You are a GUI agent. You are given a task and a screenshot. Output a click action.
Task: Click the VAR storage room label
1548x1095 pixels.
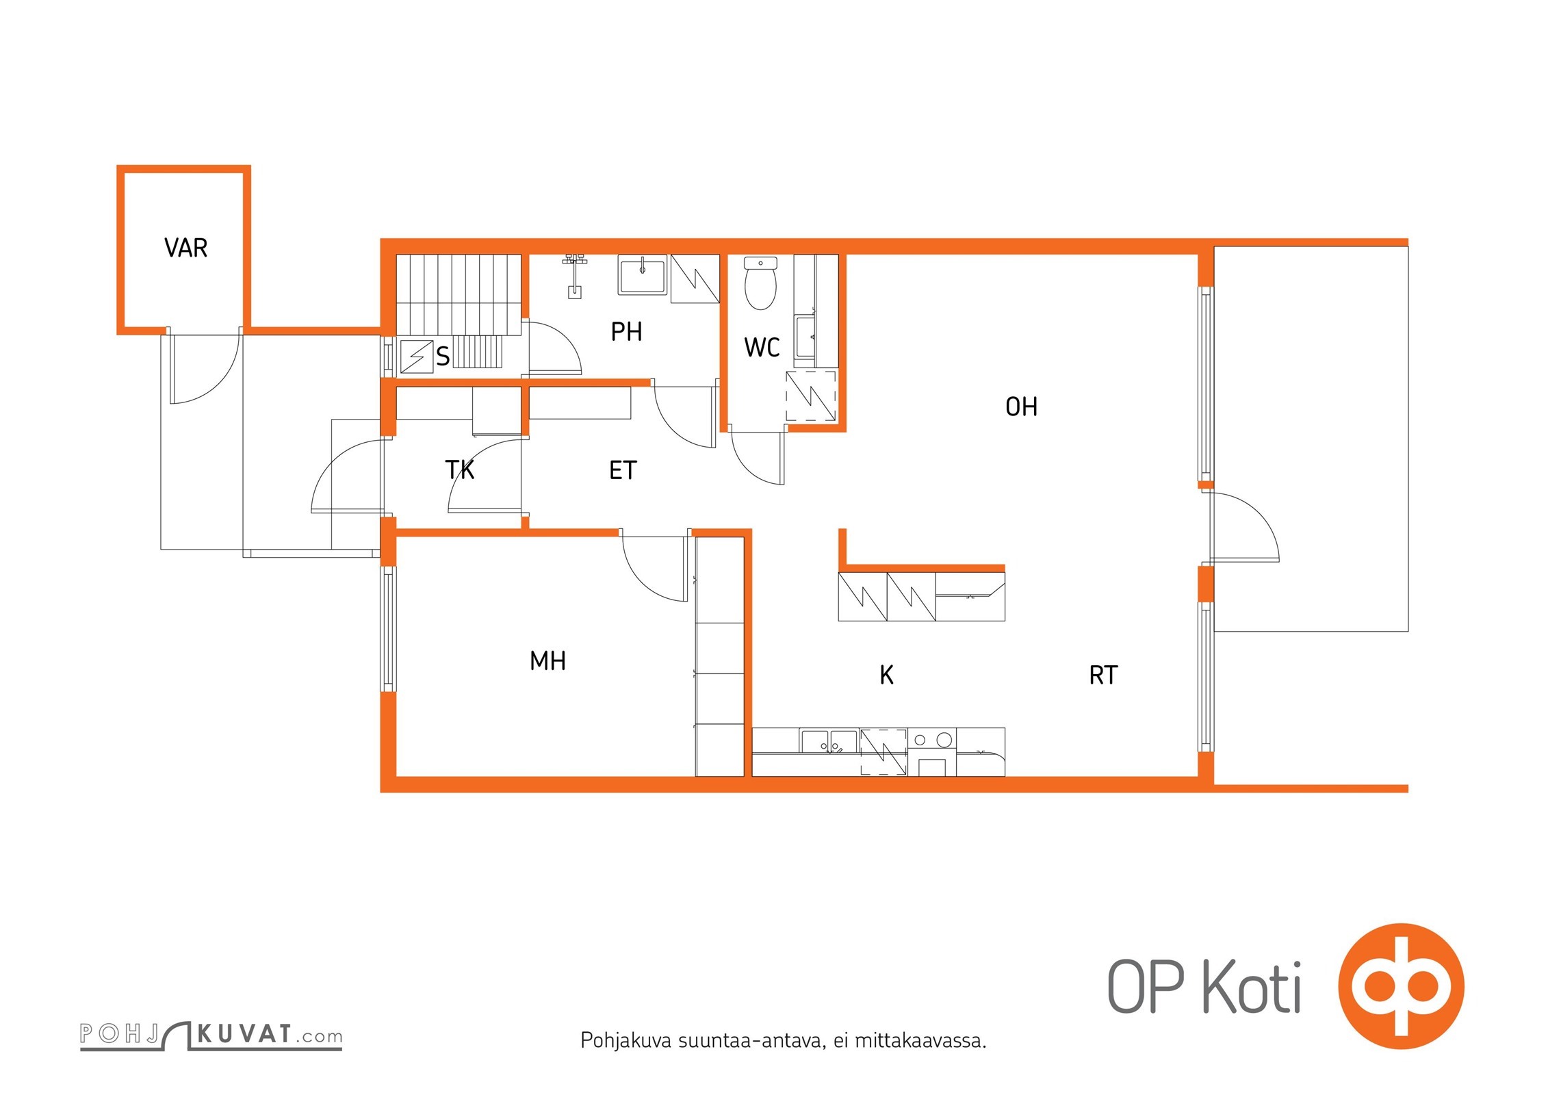(x=185, y=248)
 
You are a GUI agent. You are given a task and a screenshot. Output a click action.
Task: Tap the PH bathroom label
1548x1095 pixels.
(x=626, y=332)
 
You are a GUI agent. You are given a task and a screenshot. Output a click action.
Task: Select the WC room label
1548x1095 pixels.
(x=762, y=348)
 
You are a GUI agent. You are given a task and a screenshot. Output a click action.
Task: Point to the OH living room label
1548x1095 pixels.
(x=1021, y=407)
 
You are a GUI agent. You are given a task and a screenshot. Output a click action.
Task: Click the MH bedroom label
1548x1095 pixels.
(x=547, y=661)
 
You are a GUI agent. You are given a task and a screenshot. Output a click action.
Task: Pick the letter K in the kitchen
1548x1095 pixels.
(x=886, y=675)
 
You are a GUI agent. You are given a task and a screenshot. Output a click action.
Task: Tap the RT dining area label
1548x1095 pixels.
(x=1103, y=675)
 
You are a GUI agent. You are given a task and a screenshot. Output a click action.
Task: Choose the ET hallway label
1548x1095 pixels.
(x=623, y=471)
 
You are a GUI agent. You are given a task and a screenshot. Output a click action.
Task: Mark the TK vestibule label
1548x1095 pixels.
(x=460, y=470)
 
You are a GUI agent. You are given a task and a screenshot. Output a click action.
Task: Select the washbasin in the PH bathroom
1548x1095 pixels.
(x=642, y=275)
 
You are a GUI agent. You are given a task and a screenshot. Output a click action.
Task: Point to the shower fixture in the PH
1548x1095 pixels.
(x=576, y=276)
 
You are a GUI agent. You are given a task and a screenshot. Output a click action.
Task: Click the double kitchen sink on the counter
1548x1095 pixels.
(x=829, y=741)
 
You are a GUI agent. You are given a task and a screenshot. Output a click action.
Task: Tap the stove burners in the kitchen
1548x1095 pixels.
(x=932, y=739)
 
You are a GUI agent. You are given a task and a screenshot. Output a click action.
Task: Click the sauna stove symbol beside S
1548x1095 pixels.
(x=417, y=357)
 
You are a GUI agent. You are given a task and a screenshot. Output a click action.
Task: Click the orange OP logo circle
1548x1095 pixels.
(x=1401, y=986)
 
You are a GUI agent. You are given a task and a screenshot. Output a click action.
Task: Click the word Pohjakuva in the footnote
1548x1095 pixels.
(x=625, y=1041)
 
